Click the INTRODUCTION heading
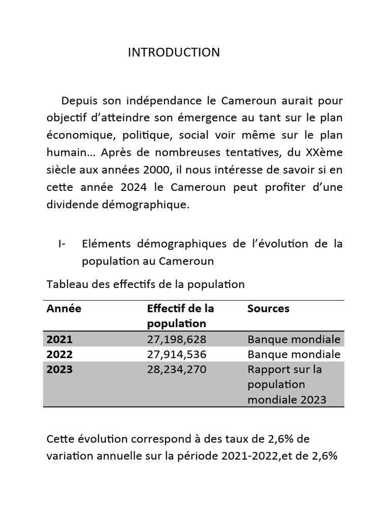[x=174, y=52]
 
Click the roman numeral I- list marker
[x=62, y=244]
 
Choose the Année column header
[x=63, y=308]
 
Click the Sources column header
[x=268, y=308]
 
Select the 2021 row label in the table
[x=59, y=339]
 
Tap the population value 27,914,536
[x=176, y=354]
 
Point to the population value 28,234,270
[x=176, y=369]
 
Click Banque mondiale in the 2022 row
[x=294, y=354]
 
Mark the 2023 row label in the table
[x=59, y=369]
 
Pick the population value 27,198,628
[x=176, y=339]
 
